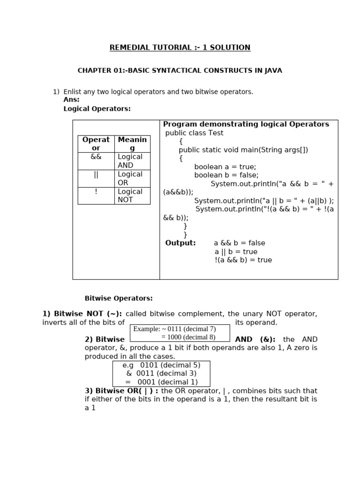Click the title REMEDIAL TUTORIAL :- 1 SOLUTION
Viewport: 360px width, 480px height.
click(180, 47)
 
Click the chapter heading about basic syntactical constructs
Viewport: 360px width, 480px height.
click(180, 71)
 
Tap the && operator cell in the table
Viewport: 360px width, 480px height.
click(96, 157)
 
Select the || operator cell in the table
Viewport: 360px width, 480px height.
click(96, 174)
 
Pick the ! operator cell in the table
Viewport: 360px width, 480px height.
click(96, 191)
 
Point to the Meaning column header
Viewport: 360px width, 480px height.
click(132, 143)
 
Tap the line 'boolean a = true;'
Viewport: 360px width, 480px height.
click(225, 167)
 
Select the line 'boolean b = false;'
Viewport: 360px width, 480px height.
click(226, 175)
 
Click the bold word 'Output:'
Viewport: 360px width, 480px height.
click(180, 243)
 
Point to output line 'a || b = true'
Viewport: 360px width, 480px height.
click(236, 252)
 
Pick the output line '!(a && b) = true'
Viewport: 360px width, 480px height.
click(243, 260)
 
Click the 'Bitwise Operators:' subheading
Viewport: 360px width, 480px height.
click(119, 298)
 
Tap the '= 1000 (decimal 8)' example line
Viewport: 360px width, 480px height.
click(188, 337)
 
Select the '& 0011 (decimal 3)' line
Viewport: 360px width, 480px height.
click(161, 374)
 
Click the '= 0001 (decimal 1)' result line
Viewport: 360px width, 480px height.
click(161, 382)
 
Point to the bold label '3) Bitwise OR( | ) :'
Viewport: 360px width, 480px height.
click(121, 391)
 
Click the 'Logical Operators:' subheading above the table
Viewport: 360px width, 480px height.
click(97, 109)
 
